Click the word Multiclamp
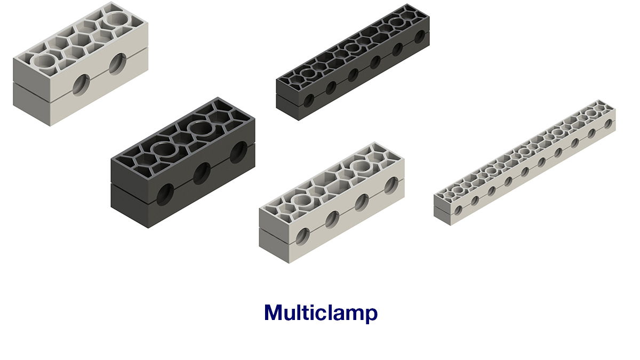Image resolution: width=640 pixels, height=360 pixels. coord(321,313)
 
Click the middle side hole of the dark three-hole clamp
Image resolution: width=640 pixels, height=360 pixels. coord(202,173)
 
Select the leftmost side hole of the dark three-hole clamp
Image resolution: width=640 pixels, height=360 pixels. coord(165,194)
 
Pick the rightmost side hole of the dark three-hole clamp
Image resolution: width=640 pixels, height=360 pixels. coord(238,153)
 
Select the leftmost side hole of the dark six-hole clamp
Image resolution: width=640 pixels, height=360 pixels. coord(309,100)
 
